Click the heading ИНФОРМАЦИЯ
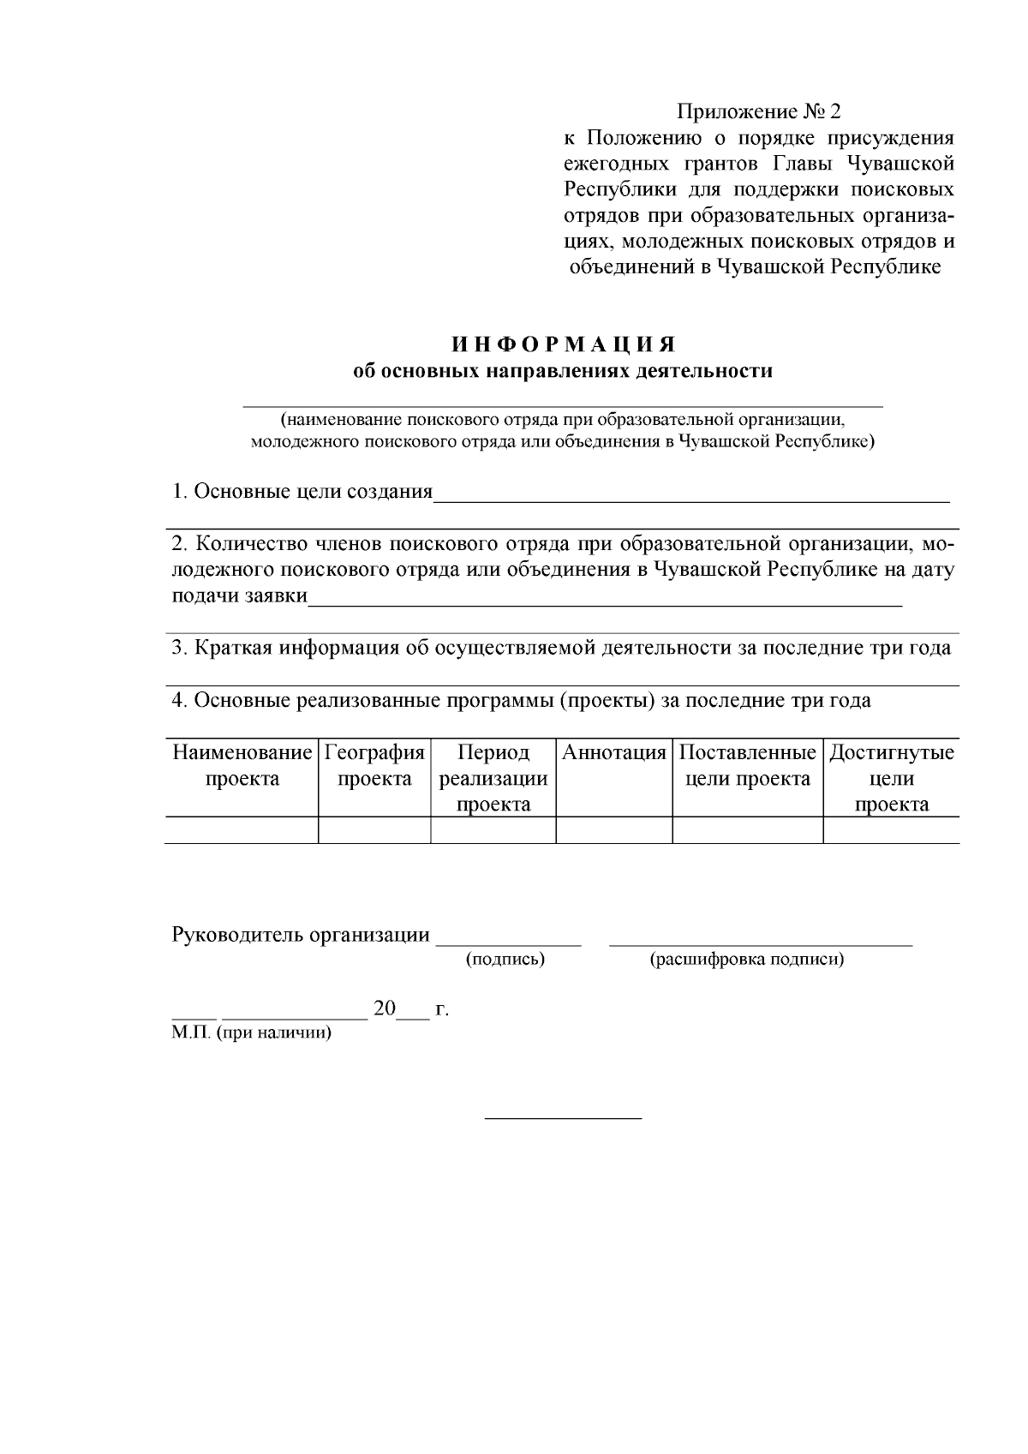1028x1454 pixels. coord(565,344)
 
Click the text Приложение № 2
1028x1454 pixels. coord(759,112)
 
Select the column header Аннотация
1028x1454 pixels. coord(613,753)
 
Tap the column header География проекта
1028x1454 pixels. coord(374,765)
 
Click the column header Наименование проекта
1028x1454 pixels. coord(242,765)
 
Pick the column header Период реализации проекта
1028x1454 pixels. coord(493,778)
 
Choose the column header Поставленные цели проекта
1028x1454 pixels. coord(747,765)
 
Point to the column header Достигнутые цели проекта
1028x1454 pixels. coord(891,778)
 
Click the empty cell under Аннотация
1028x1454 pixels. coord(613,830)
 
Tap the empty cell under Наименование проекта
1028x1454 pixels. coord(242,830)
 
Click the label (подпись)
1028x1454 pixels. coord(505,960)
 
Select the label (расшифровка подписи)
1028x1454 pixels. coord(747,960)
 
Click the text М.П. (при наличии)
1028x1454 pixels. coord(251,1032)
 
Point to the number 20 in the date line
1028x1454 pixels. coord(385,1008)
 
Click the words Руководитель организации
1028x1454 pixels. coord(301,935)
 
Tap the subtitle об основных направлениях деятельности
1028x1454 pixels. coord(564,371)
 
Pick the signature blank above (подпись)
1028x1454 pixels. coord(508,942)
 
